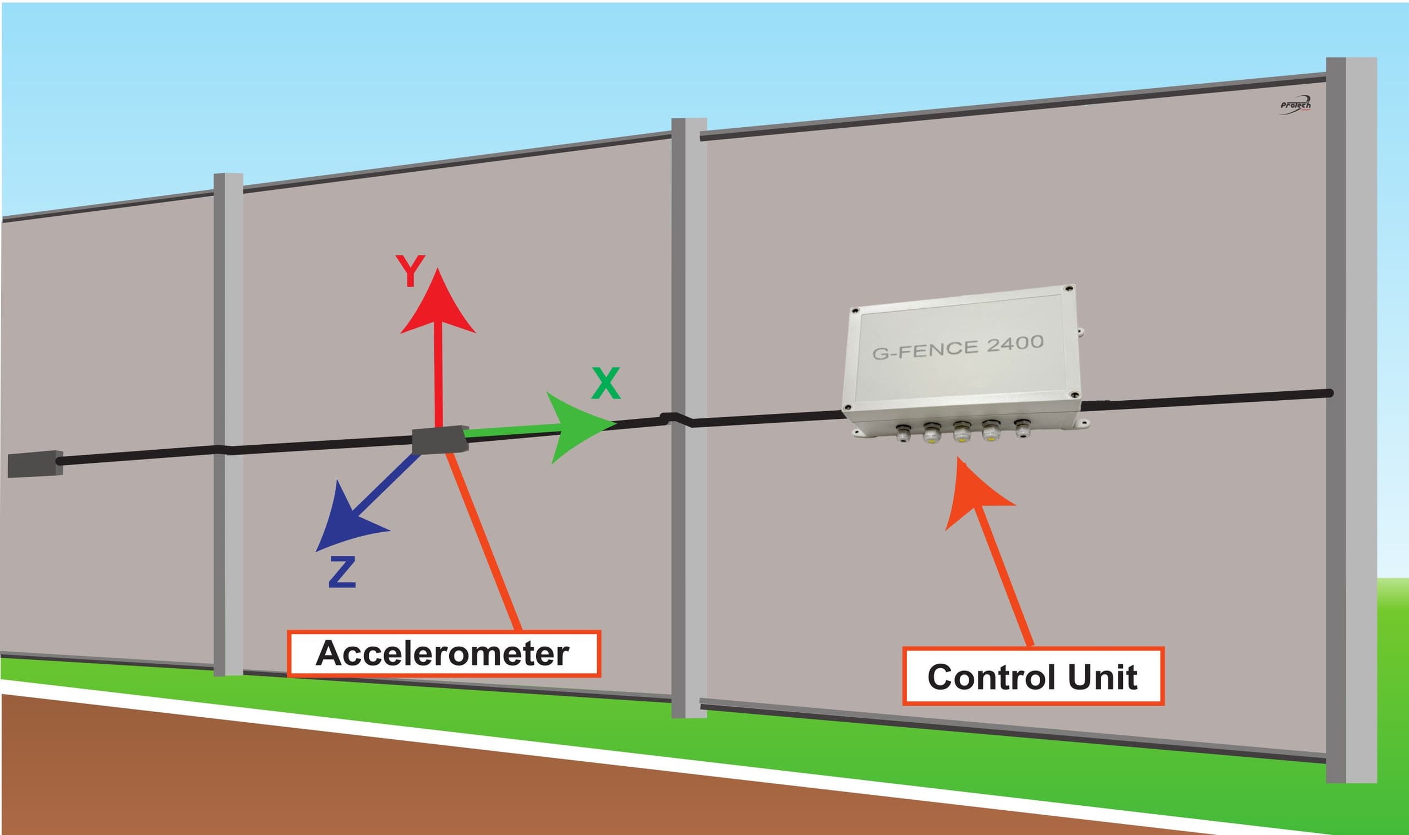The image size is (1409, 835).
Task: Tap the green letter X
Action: point(606,384)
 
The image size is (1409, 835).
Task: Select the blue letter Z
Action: point(342,572)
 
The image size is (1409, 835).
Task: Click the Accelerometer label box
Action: point(444,653)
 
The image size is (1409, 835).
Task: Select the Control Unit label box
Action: point(1033,676)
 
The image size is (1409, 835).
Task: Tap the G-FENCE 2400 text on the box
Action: point(958,347)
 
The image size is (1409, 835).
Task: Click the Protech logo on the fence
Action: point(1296,106)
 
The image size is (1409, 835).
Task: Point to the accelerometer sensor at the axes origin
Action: point(440,440)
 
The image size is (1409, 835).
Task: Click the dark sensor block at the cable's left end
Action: point(35,463)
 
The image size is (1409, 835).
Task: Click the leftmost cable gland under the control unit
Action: point(902,433)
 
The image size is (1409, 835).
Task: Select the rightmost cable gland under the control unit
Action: point(1020,429)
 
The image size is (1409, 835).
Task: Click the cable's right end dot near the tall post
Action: point(1329,393)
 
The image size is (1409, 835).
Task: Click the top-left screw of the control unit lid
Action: point(855,310)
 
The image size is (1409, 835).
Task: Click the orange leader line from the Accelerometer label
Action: point(484,540)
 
